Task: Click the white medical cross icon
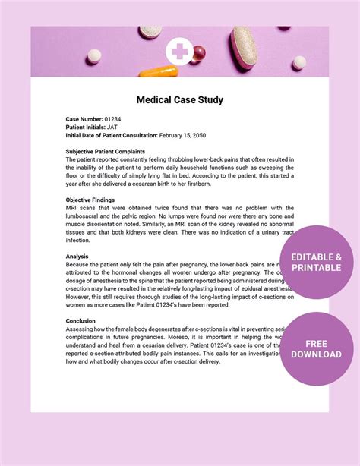coord(180,52)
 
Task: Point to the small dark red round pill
coord(200,52)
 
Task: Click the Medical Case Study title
coord(180,99)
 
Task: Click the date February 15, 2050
coord(185,135)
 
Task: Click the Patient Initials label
coord(86,128)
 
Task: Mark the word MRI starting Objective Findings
coord(73,208)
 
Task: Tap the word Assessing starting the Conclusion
coord(81,329)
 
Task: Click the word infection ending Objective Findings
coord(78,240)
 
